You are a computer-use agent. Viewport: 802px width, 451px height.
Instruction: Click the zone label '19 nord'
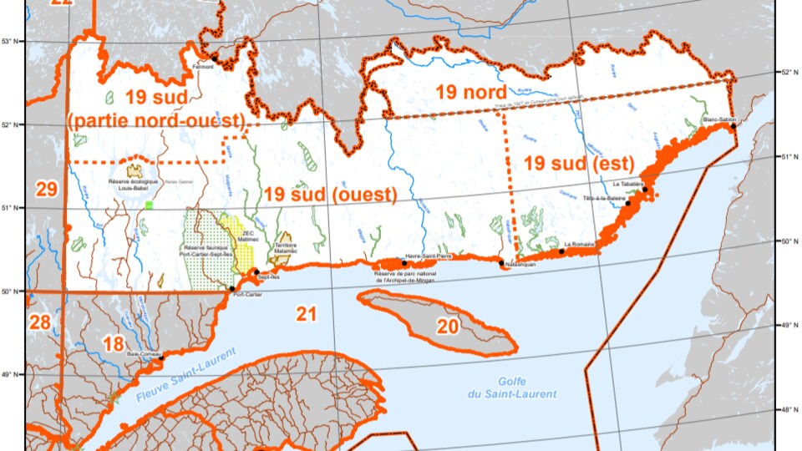click(470, 92)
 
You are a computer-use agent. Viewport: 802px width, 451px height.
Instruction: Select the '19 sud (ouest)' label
click(329, 195)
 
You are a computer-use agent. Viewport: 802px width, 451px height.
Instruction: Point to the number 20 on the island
click(448, 327)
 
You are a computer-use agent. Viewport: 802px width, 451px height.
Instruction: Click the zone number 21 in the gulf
click(307, 314)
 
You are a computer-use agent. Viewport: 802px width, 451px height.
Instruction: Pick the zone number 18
click(114, 343)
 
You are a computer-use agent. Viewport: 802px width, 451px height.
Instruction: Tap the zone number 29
click(47, 189)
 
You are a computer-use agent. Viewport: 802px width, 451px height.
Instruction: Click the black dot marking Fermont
click(214, 57)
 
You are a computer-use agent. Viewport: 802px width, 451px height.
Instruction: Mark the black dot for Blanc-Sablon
click(733, 126)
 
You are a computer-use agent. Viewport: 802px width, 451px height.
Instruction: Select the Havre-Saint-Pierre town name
click(428, 256)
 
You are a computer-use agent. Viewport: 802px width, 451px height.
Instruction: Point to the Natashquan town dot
click(502, 264)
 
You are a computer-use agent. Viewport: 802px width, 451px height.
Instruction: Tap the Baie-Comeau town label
click(143, 353)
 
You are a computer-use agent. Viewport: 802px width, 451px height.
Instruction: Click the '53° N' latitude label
click(11, 41)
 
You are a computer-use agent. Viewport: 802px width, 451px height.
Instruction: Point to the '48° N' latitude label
click(789, 409)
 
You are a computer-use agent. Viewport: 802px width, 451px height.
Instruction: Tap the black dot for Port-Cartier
click(232, 288)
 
